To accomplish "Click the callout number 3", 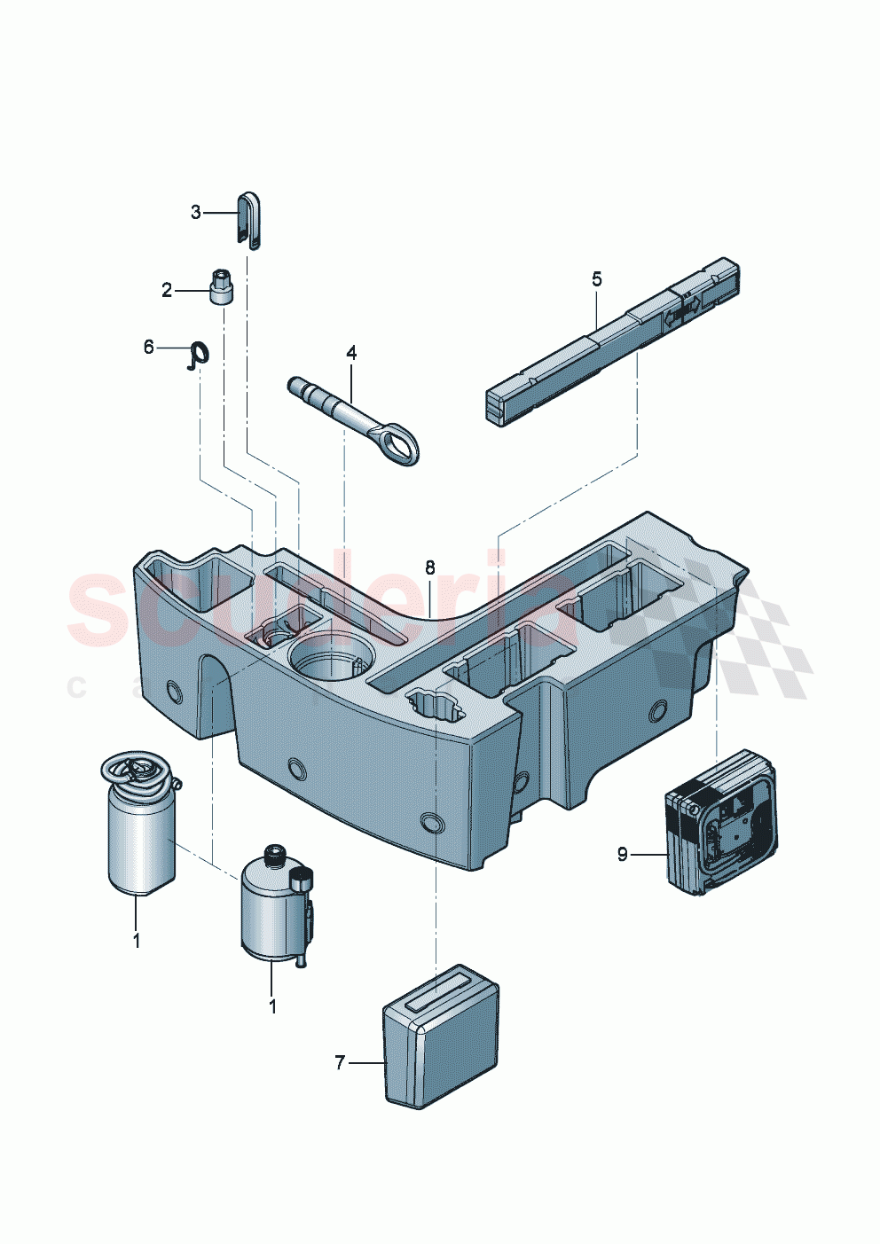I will tap(196, 213).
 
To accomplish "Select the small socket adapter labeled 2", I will tap(222, 289).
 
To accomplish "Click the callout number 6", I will tap(149, 347).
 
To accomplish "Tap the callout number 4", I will tap(351, 353).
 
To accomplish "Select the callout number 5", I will tap(597, 279).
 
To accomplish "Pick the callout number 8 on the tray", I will tap(430, 567).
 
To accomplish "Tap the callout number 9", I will tap(623, 854).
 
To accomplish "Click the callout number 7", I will tap(340, 1062).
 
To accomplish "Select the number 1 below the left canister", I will tap(137, 941).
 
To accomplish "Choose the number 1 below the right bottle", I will tap(272, 1007).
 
